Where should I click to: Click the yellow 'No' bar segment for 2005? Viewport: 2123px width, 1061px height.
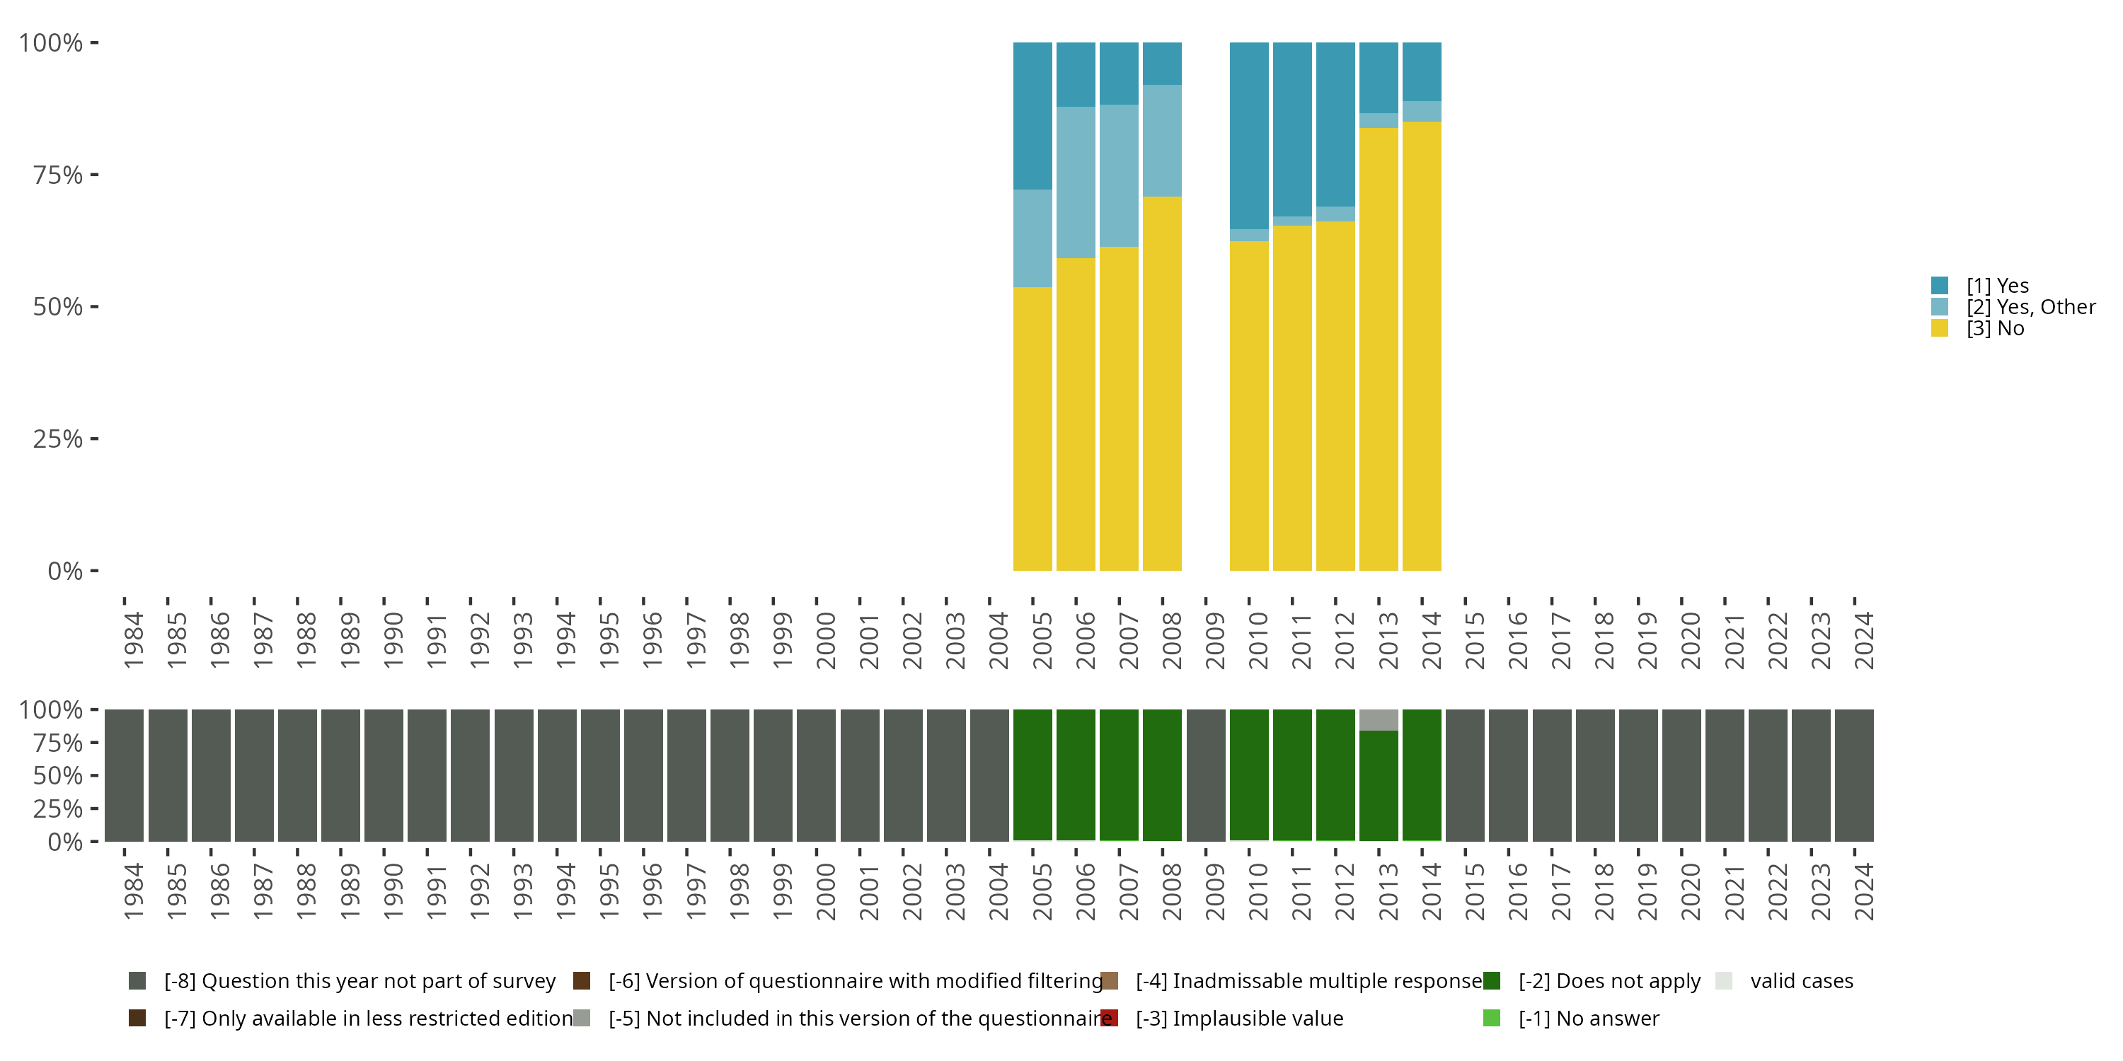[1032, 429]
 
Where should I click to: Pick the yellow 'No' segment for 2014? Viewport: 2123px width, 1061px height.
[1422, 346]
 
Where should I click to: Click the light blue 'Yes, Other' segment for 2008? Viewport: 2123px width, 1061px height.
[1162, 140]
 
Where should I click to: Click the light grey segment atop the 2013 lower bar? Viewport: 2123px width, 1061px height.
[1378, 719]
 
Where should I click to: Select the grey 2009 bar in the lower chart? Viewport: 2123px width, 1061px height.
[1206, 775]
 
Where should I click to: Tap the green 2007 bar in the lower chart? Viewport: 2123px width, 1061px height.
[1120, 775]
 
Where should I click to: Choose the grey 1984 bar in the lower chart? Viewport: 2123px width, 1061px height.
[125, 775]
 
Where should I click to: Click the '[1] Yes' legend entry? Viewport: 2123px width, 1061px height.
[1997, 286]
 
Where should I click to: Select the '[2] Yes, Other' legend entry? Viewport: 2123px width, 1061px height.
[2030, 307]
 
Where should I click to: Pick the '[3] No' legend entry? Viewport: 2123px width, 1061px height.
[1994, 329]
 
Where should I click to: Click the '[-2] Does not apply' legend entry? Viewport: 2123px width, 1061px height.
[1609, 981]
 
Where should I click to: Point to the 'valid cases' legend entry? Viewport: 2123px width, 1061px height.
[1801, 981]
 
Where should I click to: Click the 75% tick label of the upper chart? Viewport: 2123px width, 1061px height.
[58, 175]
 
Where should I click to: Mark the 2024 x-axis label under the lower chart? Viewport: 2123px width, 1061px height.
[1863, 891]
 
